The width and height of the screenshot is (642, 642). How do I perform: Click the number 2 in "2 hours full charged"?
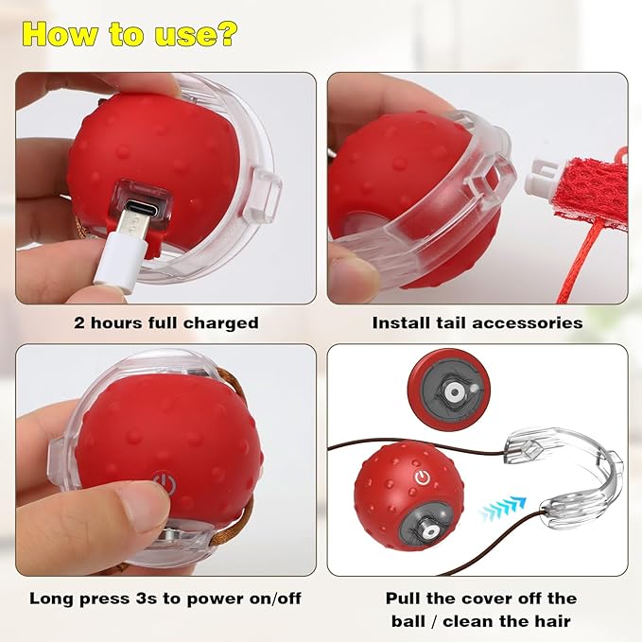(79, 323)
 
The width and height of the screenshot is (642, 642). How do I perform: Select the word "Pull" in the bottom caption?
(405, 598)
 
